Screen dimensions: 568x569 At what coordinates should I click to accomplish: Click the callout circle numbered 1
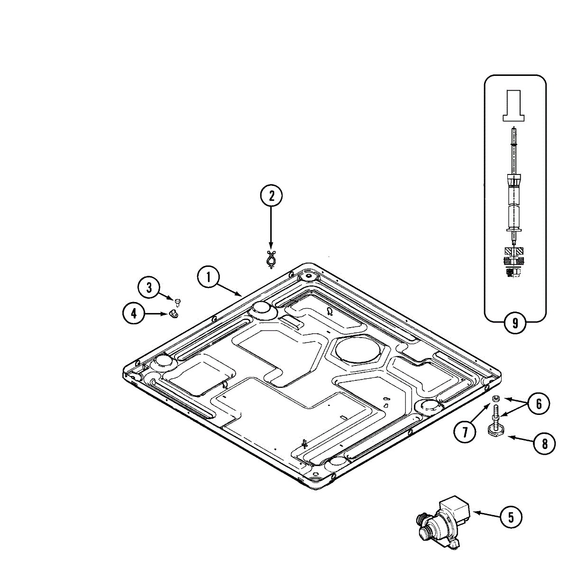pyautogui.click(x=209, y=277)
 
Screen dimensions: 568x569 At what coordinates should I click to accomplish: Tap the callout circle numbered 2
pyautogui.click(x=271, y=196)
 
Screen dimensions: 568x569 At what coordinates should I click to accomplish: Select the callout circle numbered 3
pyautogui.click(x=149, y=287)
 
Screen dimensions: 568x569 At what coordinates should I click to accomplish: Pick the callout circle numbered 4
pyautogui.click(x=134, y=313)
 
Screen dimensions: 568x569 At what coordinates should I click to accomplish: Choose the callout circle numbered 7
pyautogui.click(x=465, y=432)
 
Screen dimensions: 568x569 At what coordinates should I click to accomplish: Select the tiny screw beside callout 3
pyautogui.click(x=177, y=302)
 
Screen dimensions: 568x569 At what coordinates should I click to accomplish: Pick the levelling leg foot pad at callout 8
pyautogui.click(x=494, y=431)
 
